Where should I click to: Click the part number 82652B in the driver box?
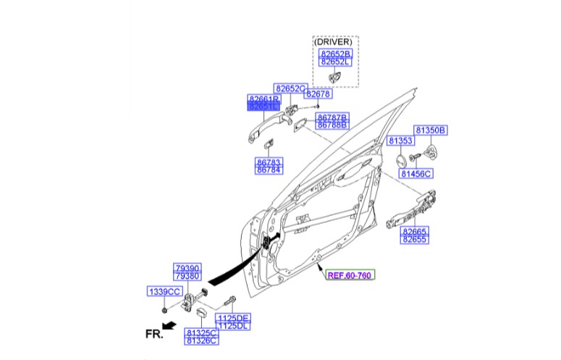click(335, 54)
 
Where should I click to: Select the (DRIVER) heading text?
click(335, 41)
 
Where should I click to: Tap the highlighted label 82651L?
click(263, 106)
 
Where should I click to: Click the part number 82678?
click(318, 94)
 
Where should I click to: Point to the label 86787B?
click(332, 117)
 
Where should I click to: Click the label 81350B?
click(431, 130)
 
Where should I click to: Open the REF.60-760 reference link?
click(350, 276)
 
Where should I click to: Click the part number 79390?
click(187, 268)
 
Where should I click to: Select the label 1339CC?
click(164, 291)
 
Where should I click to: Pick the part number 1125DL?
click(233, 326)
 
